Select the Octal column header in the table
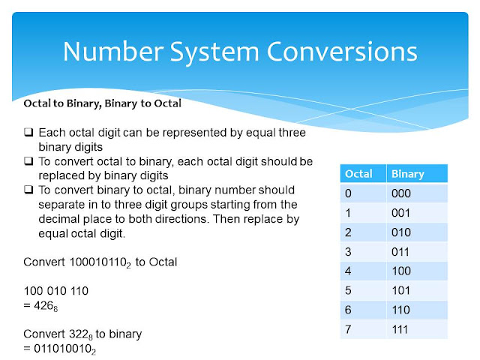click(x=358, y=174)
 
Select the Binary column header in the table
click(x=409, y=174)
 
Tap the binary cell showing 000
click(x=402, y=193)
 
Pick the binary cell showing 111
click(x=402, y=330)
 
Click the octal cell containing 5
click(x=348, y=291)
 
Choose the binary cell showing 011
click(x=402, y=252)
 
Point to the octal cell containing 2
click(x=348, y=232)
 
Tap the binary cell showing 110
click(x=402, y=310)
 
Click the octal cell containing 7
click(x=348, y=330)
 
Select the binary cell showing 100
click(x=402, y=271)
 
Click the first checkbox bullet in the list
click(x=28, y=132)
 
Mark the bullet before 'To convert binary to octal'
click(x=28, y=190)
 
